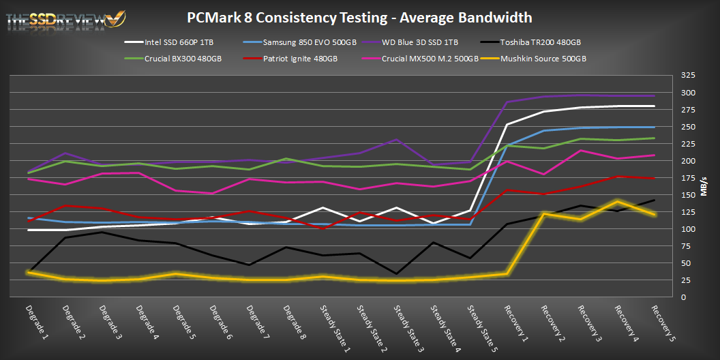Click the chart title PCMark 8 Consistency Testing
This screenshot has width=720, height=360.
click(359, 16)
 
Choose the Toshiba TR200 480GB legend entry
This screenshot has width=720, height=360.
click(541, 42)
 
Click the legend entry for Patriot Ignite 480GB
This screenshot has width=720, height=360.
click(301, 59)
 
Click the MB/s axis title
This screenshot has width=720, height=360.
click(708, 186)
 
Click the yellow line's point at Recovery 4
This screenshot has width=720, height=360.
click(618, 202)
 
